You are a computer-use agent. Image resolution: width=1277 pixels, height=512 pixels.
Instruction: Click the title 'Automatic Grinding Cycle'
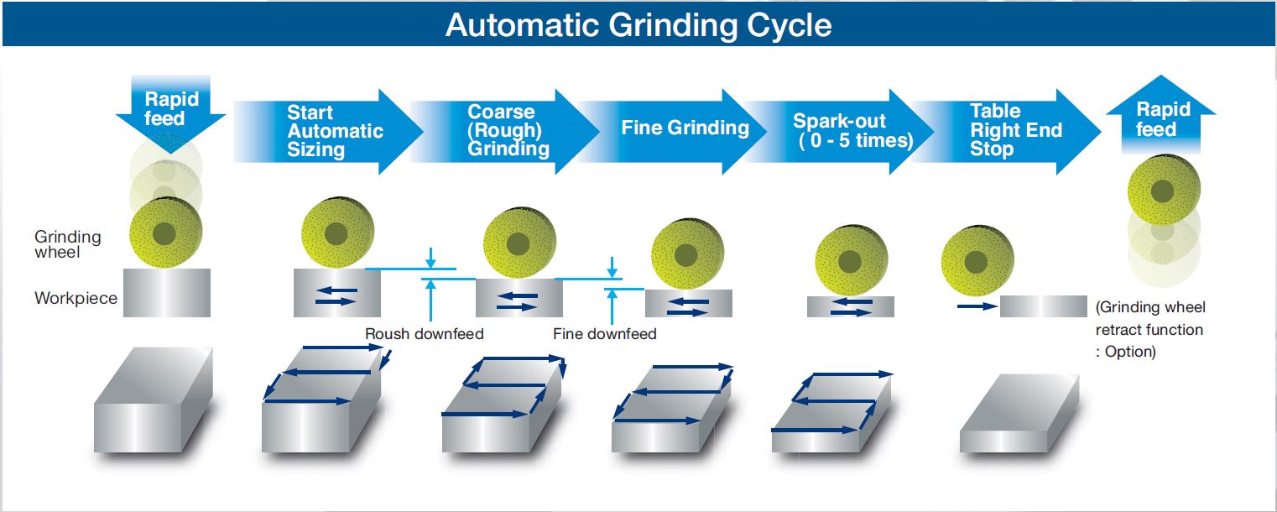pos(638,25)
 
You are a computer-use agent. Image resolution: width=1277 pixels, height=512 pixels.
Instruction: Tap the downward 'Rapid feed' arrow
pos(170,112)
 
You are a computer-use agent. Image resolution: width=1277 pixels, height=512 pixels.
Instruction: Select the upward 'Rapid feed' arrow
pos(1161,114)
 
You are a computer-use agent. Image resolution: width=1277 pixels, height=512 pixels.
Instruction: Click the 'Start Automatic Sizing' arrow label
pos(335,131)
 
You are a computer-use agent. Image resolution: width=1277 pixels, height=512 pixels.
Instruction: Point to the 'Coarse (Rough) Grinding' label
pos(508,130)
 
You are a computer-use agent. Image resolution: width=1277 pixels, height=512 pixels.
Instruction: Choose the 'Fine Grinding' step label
pos(685,128)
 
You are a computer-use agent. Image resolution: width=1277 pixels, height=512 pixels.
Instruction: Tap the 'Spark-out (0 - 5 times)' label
pos(852,131)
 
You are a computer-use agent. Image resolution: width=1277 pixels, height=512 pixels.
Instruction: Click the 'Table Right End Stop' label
pos(1016,130)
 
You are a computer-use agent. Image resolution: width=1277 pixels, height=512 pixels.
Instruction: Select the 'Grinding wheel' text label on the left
pos(67,244)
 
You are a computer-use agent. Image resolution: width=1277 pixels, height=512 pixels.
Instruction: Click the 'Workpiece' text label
pos(76,298)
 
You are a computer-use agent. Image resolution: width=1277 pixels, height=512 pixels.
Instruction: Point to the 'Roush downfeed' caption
pos(425,333)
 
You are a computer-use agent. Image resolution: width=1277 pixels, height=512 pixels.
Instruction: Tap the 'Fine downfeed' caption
pos(604,333)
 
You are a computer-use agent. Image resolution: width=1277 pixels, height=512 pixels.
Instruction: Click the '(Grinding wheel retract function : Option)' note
pos(1149,330)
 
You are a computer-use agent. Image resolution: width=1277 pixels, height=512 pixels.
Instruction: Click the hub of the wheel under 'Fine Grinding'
pos(685,255)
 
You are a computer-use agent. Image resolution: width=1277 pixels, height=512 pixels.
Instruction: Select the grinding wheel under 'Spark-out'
pos(851,261)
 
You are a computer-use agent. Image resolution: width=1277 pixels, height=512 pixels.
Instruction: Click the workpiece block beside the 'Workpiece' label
pos(166,292)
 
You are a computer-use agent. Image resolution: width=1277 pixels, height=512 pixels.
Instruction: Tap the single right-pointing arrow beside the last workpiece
pos(977,306)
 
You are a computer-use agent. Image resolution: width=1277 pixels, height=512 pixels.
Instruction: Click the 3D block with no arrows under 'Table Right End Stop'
pos(1019,414)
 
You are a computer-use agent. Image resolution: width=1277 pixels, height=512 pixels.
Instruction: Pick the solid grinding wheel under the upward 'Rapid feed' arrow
pos(1164,190)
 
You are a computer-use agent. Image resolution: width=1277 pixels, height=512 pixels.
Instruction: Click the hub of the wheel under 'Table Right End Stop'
pos(976,263)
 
